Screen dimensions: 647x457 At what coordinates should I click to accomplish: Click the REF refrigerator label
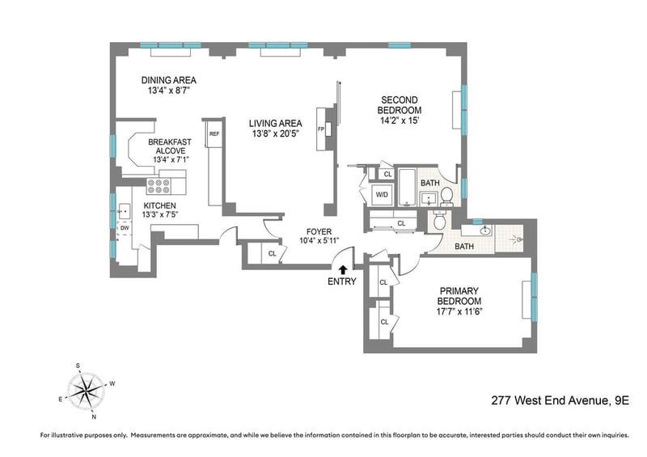tap(214, 134)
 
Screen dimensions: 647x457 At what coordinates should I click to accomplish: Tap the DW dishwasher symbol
tap(125, 228)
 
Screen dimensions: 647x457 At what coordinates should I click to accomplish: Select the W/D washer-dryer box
tap(382, 195)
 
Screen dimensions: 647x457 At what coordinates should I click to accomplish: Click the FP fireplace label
tap(321, 129)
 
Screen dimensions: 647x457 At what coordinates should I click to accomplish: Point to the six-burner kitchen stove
tap(159, 186)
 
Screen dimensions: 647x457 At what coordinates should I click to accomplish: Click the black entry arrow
tap(342, 269)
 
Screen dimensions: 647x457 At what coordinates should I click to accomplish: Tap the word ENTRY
tap(341, 281)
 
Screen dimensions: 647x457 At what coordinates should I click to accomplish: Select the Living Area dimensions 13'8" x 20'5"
tap(275, 133)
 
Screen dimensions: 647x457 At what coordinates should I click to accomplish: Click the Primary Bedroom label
tap(459, 296)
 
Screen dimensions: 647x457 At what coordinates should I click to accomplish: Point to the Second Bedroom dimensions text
tap(400, 121)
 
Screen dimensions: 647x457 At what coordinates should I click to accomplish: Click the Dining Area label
tap(169, 80)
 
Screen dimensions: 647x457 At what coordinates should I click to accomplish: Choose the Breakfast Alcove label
tap(170, 146)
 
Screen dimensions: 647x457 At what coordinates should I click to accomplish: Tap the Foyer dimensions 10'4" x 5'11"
tap(319, 241)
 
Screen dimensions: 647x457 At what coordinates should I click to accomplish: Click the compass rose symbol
tap(86, 391)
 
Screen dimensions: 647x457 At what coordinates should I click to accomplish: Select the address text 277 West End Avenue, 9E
tap(560, 400)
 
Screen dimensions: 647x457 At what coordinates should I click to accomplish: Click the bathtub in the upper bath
tap(408, 187)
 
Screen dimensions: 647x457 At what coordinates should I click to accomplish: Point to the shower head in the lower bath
tap(517, 239)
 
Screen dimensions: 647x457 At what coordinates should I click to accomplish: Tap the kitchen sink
tap(125, 211)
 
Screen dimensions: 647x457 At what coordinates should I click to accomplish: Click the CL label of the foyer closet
tap(273, 253)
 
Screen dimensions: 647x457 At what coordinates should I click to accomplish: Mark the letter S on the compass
tap(78, 366)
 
